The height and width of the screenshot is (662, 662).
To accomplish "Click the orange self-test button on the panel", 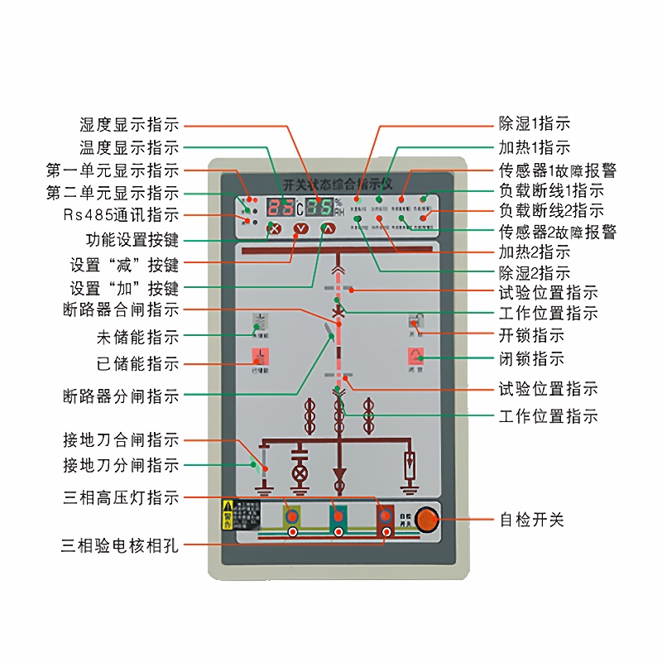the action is pyautogui.click(x=425, y=520).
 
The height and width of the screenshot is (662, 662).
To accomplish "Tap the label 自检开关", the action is pyautogui.click(x=531, y=520).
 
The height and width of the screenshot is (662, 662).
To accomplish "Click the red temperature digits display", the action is pyautogui.click(x=283, y=207).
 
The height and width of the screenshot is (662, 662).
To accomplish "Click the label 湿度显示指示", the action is pyautogui.click(x=129, y=125).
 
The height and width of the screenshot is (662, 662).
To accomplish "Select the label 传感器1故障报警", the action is pyautogui.click(x=557, y=170).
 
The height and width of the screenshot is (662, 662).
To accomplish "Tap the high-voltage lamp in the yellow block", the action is pyautogui.click(x=292, y=516).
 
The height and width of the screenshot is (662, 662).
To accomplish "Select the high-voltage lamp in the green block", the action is pyautogui.click(x=338, y=516).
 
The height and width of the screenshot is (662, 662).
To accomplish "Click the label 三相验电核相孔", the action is pyautogui.click(x=121, y=545).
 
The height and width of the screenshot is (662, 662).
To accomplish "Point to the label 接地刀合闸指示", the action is pyautogui.click(x=121, y=440).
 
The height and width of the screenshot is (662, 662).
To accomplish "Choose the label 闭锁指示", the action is pyautogui.click(x=531, y=359).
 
